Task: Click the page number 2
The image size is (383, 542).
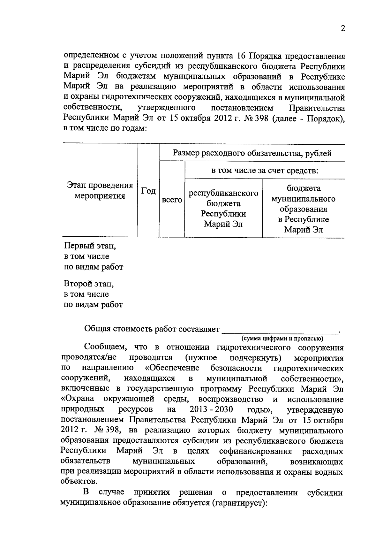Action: point(343,29)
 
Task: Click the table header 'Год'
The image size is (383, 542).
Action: point(148,191)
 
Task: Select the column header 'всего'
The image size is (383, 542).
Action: point(172,200)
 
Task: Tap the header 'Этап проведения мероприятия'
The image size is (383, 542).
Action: point(100,191)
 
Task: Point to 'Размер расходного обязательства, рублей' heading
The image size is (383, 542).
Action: point(252,153)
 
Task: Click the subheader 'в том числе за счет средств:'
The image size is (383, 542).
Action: point(265,171)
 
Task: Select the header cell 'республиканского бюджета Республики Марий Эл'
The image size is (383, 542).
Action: point(223,209)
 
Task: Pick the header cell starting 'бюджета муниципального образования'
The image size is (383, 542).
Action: point(303,209)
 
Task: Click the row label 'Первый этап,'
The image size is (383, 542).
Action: point(90,246)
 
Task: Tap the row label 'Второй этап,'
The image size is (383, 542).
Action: point(89,284)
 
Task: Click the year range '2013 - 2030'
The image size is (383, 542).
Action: point(211,409)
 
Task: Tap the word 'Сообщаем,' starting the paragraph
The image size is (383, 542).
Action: point(105,347)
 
